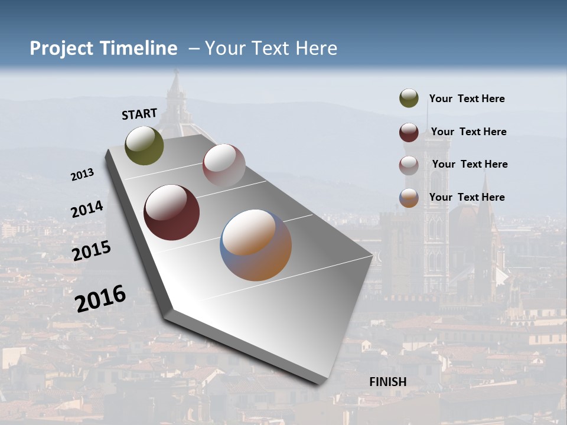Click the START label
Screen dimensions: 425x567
(x=139, y=114)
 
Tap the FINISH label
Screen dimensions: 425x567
(x=388, y=382)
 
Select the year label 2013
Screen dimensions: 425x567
(x=82, y=175)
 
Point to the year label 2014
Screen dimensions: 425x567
(x=87, y=210)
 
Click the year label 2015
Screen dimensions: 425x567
(x=92, y=250)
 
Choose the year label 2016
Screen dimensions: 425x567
(x=100, y=298)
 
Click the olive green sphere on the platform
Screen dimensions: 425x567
(x=145, y=145)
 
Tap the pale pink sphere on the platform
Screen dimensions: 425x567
(x=224, y=165)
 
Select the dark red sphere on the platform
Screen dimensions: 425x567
(x=172, y=212)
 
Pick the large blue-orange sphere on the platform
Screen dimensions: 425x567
(x=256, y=245)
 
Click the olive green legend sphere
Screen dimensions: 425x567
(x=409, y=99)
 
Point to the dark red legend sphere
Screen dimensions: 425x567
(x=409, y=132)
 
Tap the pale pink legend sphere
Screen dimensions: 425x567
(x=409, y=165)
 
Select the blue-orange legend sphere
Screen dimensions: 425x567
(x=409, y=198)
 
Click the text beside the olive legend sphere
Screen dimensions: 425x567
(x=467, y=99)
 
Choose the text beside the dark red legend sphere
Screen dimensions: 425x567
(x=468, y=132)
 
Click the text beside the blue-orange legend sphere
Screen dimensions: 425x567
(x=467, y=197)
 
